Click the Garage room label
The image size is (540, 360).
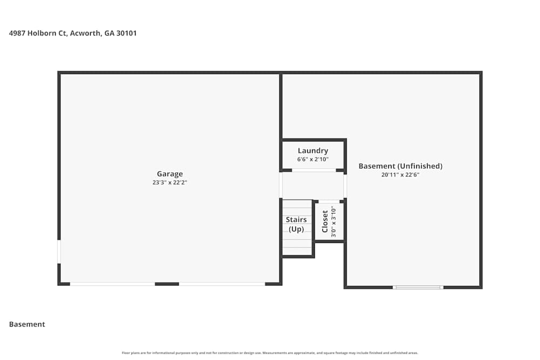170,174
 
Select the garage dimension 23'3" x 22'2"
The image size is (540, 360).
170,182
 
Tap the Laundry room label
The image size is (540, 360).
313,151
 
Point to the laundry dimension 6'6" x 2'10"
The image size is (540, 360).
313,159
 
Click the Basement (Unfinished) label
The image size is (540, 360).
400,166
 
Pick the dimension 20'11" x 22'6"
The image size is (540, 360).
400,174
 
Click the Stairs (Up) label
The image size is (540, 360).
296,224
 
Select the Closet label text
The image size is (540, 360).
325,221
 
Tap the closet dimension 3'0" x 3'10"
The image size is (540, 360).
334,221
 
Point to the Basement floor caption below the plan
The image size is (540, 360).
27,324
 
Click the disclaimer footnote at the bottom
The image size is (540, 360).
270,353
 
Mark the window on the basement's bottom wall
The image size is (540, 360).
418,287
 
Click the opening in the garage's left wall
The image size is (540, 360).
59,252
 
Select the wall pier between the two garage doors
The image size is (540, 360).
167,284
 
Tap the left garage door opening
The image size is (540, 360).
112,284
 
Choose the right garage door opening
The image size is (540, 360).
222,284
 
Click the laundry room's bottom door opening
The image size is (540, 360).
314,170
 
